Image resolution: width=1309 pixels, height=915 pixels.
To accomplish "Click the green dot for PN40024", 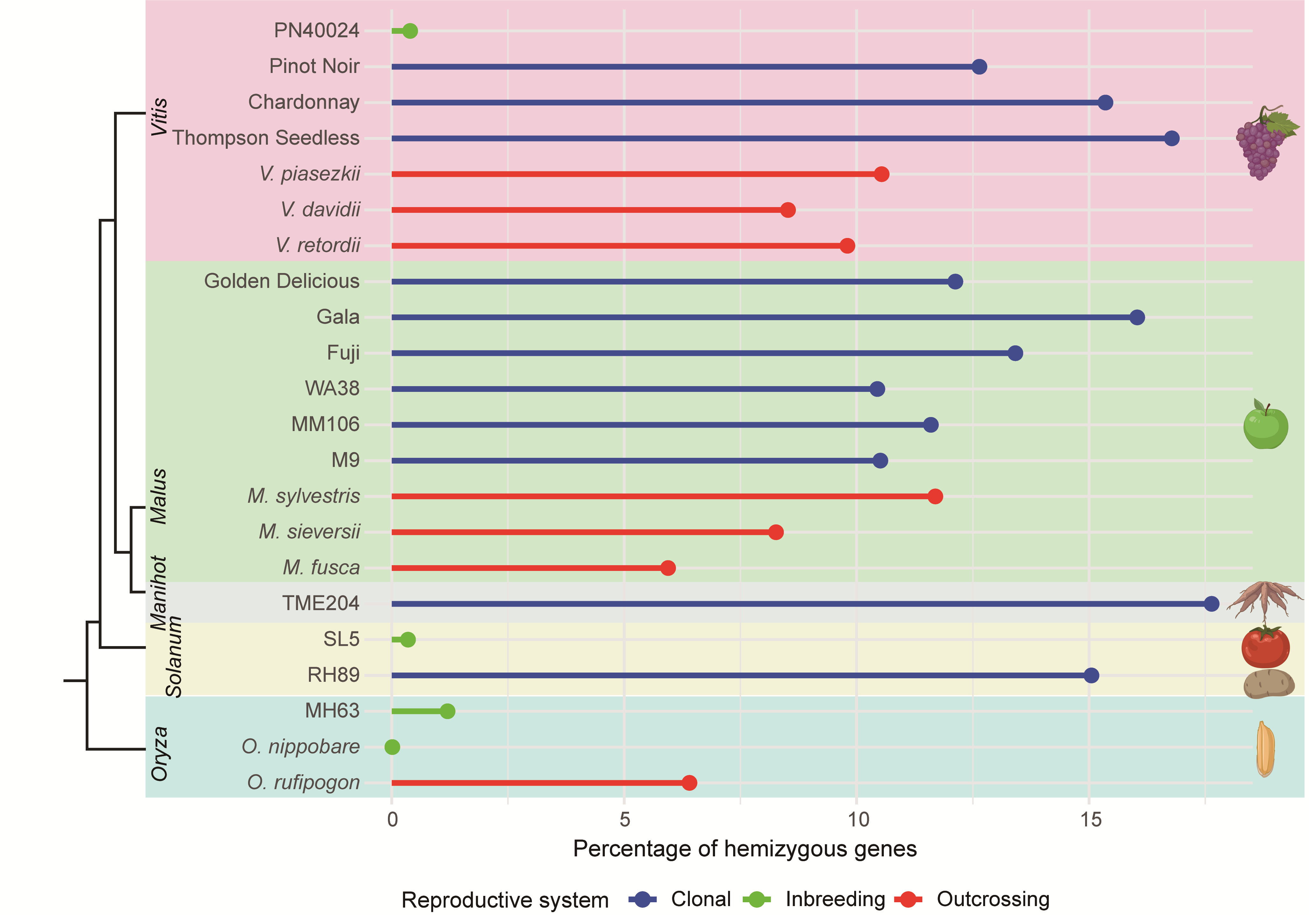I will point(410,31).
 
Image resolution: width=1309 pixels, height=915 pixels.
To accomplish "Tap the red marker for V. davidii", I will point(788,210).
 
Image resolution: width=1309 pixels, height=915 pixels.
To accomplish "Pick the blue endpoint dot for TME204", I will point(1212,603).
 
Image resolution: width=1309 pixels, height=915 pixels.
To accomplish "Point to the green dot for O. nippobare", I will point(392,747).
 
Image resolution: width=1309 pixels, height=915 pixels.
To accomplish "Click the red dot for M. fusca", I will point(668,568).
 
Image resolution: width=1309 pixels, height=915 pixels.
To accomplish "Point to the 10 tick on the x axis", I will point(858,820).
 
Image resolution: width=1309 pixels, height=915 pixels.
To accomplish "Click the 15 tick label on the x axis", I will point(1090,820).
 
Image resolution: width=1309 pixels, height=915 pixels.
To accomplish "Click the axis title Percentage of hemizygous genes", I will point(745,849).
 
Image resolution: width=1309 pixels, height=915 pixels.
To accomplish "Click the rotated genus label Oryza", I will point(160,753).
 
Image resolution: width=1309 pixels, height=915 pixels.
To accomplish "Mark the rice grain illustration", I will point(1265,749).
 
